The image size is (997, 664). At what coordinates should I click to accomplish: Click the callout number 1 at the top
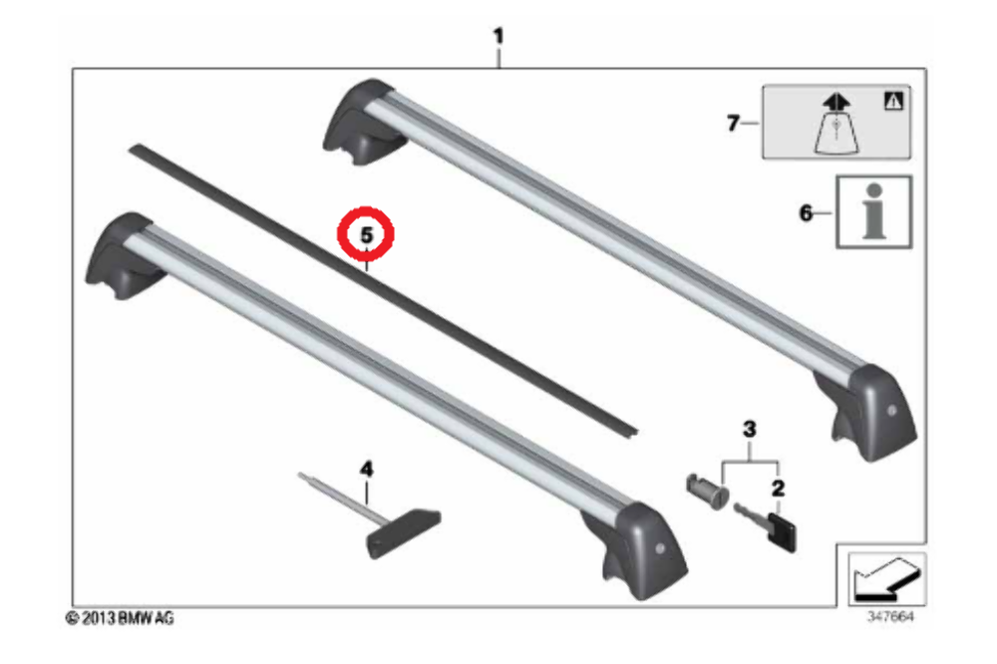(499, 37)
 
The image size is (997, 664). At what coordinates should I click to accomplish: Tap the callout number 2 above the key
(778, 488)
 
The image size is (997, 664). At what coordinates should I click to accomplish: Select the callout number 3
(750, 430)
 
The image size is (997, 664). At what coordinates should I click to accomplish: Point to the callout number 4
(366, 468)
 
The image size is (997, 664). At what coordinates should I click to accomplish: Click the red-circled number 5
(366, 236)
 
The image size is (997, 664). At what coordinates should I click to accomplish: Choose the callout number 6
(806, 211)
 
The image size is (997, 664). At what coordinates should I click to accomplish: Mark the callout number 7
(733, 123)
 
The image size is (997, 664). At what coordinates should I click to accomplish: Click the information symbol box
(872, 211)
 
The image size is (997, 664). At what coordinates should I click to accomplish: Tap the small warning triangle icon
(890, 99)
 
